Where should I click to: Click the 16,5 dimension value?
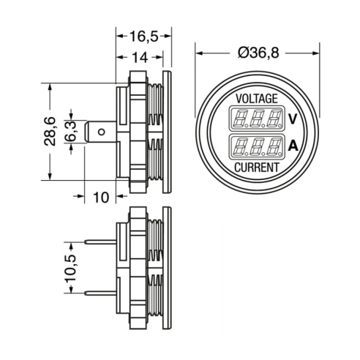143,37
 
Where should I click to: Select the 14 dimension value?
140,58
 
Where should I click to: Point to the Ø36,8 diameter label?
258,53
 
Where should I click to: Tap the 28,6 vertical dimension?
50,132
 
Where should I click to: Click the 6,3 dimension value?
71,132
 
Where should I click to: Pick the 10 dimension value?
101,198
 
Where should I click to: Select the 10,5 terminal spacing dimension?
71,268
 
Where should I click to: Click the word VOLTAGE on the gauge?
257,99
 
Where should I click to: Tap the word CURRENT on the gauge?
257,168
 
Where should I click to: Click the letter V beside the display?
293,119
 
